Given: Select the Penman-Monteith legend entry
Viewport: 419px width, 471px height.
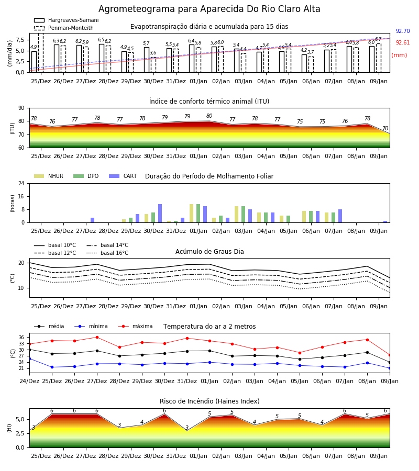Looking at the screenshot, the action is tap(64, 28).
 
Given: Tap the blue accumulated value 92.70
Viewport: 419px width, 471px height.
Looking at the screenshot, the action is tap(403, 31).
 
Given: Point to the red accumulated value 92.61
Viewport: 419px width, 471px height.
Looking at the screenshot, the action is tap(403, 43).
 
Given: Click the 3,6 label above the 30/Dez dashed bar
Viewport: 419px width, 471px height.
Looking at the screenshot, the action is tap(153, 53).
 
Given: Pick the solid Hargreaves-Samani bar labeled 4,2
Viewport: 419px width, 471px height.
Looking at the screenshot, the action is tap(304, 63).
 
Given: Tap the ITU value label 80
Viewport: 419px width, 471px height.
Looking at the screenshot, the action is tap(209, 116).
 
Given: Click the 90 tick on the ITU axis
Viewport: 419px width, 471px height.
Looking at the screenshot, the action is tap(21, 108).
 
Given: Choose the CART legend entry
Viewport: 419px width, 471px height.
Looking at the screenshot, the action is tap(123, 176).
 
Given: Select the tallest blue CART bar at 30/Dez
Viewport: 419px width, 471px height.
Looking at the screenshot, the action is tap(160, 214).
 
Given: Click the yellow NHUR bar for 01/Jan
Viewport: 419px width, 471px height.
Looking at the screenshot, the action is tap(192, 214).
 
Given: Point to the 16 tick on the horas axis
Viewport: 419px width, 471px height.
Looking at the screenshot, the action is tap(21, 196).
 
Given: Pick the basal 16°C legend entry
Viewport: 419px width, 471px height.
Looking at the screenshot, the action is tap(107, 253).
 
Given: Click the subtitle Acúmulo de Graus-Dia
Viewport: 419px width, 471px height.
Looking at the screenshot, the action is tap(210, 252).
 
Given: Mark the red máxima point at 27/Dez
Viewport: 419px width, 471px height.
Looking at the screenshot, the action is tap(97, 338).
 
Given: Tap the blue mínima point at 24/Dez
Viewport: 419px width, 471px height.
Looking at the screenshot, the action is tap(30, 358).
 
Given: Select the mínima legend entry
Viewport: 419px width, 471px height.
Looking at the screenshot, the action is tap(91, 326).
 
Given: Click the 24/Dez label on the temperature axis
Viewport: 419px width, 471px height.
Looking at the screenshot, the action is tap(29, 381).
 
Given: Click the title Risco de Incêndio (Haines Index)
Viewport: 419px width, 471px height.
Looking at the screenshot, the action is tap(210, 401).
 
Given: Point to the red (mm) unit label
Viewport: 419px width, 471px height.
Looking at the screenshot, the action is tap(400, 55).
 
